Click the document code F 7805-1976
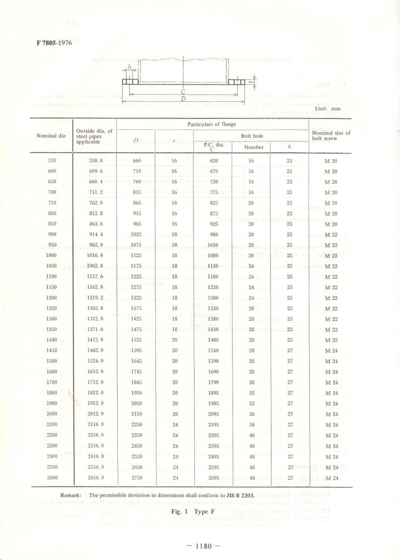coord(54,43)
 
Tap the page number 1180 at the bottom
coord(203,546)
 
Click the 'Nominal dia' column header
coord(51,136)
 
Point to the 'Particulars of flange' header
coord(212,124)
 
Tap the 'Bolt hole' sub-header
coord(252,136)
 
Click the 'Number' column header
coord(254,147)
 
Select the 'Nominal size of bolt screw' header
coord(331,136)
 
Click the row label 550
coord(52,160)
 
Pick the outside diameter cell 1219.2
coord(95,298)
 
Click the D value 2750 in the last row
coord(137,478)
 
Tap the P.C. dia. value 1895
coord(213,393)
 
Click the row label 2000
coord(52,414)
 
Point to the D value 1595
coord(136,350)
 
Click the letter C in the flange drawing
coord(183,92)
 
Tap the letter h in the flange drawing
coord(130,67)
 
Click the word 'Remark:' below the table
coord(71,496)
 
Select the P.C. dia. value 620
coord(214,160)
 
